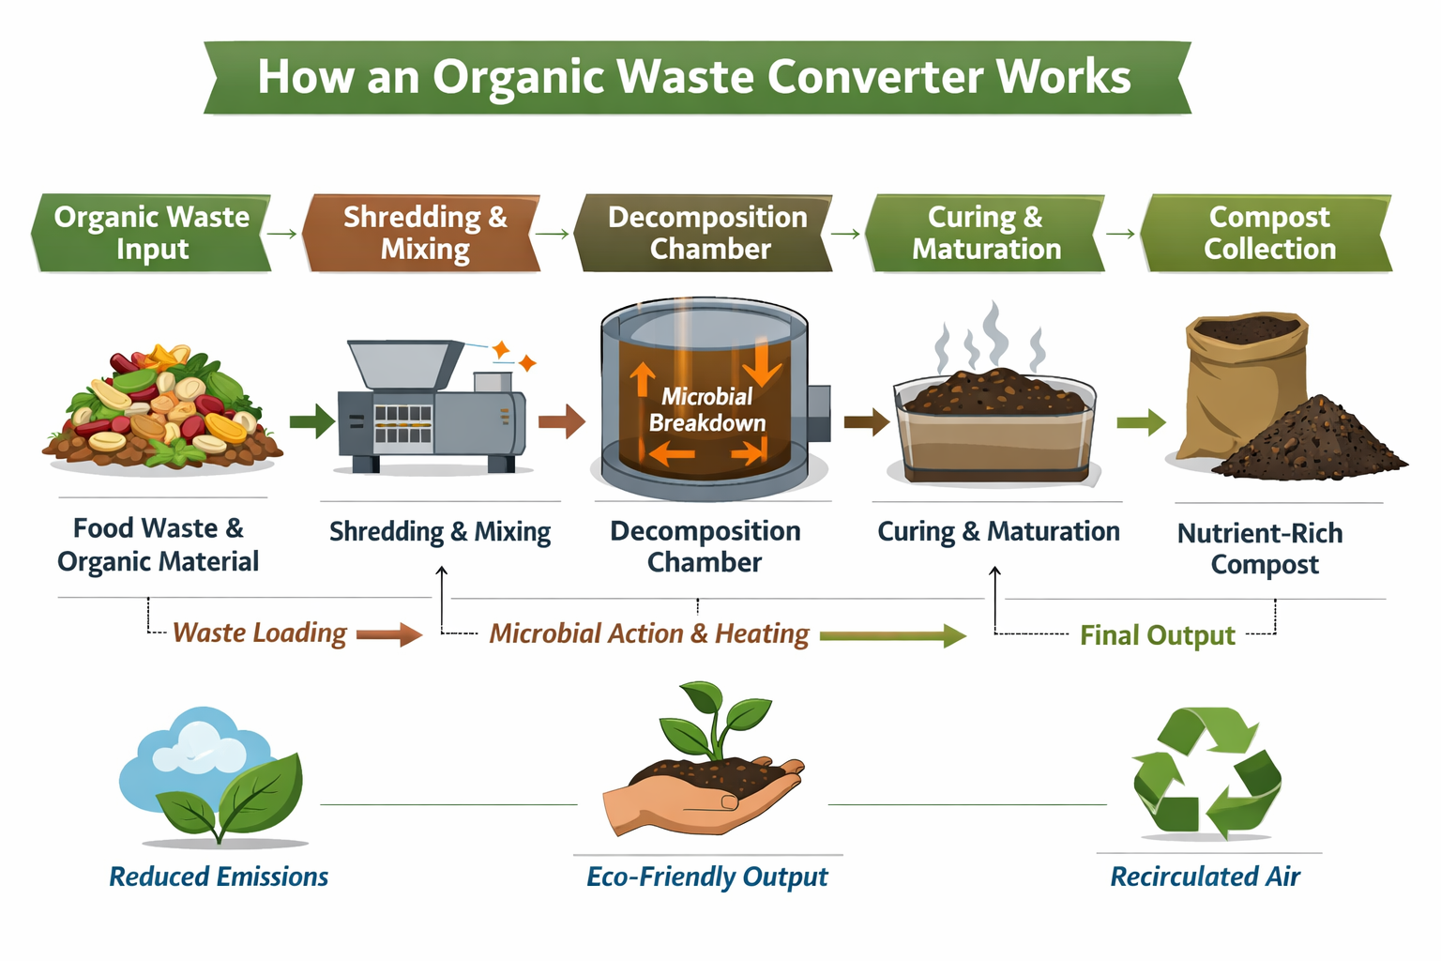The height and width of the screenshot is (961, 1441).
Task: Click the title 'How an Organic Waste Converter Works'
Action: tap(695, 77)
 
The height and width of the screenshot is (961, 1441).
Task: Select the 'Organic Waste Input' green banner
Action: tap(152, 233)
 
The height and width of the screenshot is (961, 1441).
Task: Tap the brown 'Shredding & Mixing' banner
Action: tap(424, 233)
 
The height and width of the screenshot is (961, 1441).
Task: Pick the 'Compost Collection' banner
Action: tap(1268, 233)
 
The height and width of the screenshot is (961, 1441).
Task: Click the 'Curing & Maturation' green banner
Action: tap(985, 233)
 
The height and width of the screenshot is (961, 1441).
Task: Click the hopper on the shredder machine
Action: tap(403, 363)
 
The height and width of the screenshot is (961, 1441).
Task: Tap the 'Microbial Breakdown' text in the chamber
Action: tap(706, 410)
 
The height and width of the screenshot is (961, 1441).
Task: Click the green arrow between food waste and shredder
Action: tap(311, 421)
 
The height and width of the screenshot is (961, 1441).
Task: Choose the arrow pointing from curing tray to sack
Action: tap(1140, 422)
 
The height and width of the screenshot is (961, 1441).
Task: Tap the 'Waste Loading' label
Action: tap(260, 633)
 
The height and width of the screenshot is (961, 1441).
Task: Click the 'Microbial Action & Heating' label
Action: tap(648, 634)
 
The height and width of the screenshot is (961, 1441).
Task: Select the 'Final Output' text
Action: tap(1157, 635)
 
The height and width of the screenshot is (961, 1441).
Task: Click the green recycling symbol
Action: tap(1206, 771)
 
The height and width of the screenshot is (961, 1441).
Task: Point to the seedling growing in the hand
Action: tap(722, 718)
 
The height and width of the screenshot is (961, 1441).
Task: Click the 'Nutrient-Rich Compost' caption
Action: tap(1260, 548)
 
